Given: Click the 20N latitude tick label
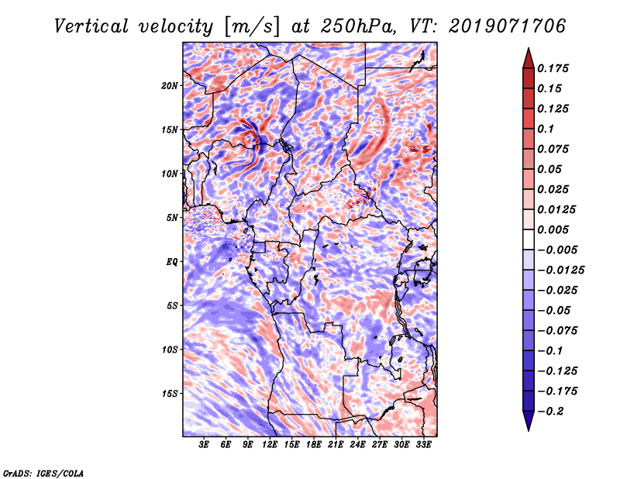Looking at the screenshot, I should (x=170, y=85).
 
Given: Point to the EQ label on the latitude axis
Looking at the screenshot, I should (x=172, y=262).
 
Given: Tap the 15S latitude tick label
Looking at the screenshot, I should (x=170, y=394).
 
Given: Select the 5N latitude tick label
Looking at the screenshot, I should (x=173, y=218).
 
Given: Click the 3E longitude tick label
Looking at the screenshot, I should (x=205, y=446).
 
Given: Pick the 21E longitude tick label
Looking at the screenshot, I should (x=336, y=446).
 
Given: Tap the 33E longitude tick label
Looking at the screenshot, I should (x=423, y=446).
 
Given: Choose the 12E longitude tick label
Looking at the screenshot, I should (x=270, y=446).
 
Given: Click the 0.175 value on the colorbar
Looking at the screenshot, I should (x=554, y=68).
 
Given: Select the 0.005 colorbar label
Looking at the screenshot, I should (x=554, y=229).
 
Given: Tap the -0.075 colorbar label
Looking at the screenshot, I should (x=558, y=330).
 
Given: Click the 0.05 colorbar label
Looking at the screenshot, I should (x=550, y=169).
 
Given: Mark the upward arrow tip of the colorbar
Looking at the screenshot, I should (x=527, y=50).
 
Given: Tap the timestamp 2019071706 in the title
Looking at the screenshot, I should (x=506, y=26).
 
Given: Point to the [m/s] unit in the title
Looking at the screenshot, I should (x=252, y=26).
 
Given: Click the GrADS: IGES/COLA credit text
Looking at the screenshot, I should (x=43, y=472).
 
